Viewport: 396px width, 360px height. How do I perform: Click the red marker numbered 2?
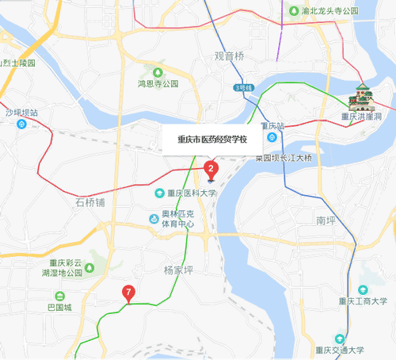tap(211, 167)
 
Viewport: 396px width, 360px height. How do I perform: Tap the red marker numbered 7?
tap(128, 294)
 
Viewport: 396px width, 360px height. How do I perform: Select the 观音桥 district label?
tap(230, 57)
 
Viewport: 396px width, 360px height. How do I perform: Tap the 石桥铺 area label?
tap(90, 203)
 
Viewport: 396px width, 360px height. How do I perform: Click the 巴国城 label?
tap(59, 307)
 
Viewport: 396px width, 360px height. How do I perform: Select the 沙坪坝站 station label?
tap(21, 113)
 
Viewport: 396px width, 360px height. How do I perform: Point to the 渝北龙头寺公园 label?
tap(329, 11)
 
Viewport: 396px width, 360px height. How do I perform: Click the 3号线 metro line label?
tap(242, 87)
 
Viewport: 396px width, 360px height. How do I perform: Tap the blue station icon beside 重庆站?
tap(271, 137)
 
